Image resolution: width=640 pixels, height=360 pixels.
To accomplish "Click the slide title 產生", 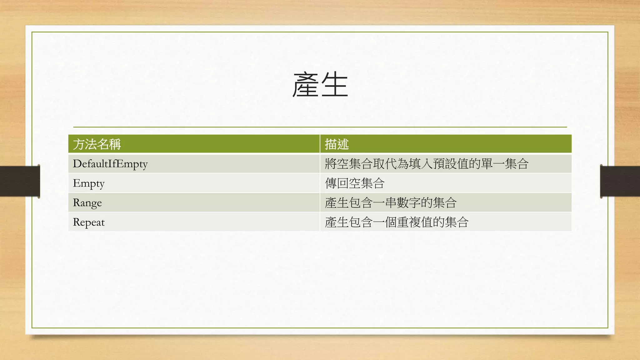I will pos(320,85).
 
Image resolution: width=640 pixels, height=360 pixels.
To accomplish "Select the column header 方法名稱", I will pos(97,144).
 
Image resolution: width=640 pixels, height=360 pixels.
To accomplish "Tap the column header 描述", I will pos(337,144).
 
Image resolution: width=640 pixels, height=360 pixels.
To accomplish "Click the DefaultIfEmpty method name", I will pos(110,164).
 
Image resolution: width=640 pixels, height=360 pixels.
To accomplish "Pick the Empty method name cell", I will pos(88,183).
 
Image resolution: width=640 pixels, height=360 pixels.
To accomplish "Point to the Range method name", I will pos(87,203).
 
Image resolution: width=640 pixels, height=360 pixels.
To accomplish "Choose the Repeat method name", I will pos(89,222).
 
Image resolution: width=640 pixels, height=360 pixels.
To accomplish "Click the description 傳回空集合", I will pos(355,183).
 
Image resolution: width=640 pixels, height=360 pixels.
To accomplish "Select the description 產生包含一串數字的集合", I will pos(391,203).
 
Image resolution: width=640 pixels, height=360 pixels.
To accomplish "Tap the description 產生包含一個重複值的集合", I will pos(397,222).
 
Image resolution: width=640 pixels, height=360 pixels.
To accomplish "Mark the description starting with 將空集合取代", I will pos(427,164).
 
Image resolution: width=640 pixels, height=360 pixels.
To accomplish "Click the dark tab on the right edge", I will pos(620,181).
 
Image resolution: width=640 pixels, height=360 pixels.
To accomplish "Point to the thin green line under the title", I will pos(320,127).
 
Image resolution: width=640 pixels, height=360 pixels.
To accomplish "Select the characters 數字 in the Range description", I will pos(408,203).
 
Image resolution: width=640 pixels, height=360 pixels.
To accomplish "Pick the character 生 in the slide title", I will pos(335,85).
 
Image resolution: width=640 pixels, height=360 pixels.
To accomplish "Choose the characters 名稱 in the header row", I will pos(109,144).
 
